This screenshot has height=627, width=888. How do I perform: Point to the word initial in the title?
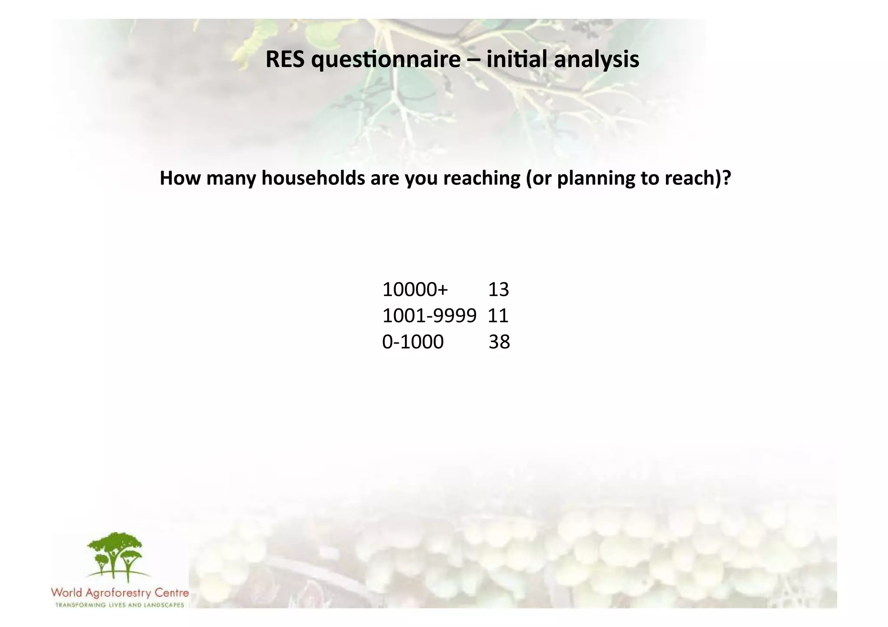(x=517, y=59)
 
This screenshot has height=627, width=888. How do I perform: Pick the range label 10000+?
(x=415, y=289)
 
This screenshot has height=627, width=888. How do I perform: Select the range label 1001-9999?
(x=429, y=316)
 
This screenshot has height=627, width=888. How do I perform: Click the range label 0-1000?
(x=413, y=342)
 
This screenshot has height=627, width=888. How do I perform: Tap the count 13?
(x=498, y=289)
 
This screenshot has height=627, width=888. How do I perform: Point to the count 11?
(x=498, y=316)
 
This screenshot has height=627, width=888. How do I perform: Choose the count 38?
(x=499, y=342)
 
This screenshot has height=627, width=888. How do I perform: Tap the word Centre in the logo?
(x=172, y=592)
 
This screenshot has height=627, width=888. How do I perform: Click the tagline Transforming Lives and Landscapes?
(x=120, y=605)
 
